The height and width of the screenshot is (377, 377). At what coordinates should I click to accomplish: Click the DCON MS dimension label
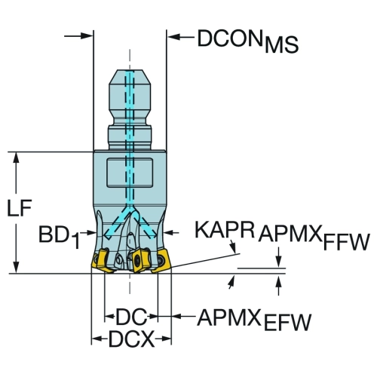point(247,41)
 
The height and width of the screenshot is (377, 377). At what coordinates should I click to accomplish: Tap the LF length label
point(20,208)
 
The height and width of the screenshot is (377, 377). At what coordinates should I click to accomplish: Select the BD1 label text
point(59,238)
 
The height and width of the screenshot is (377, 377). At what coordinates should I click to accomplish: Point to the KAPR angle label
point(225,230)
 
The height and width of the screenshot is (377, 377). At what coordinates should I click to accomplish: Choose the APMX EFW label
point(254,320)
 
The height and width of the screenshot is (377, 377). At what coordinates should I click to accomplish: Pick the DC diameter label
point(131,317)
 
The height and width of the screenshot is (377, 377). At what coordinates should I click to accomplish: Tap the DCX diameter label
point(131,339)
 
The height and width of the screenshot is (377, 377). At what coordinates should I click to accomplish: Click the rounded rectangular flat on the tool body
point(130,173)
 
